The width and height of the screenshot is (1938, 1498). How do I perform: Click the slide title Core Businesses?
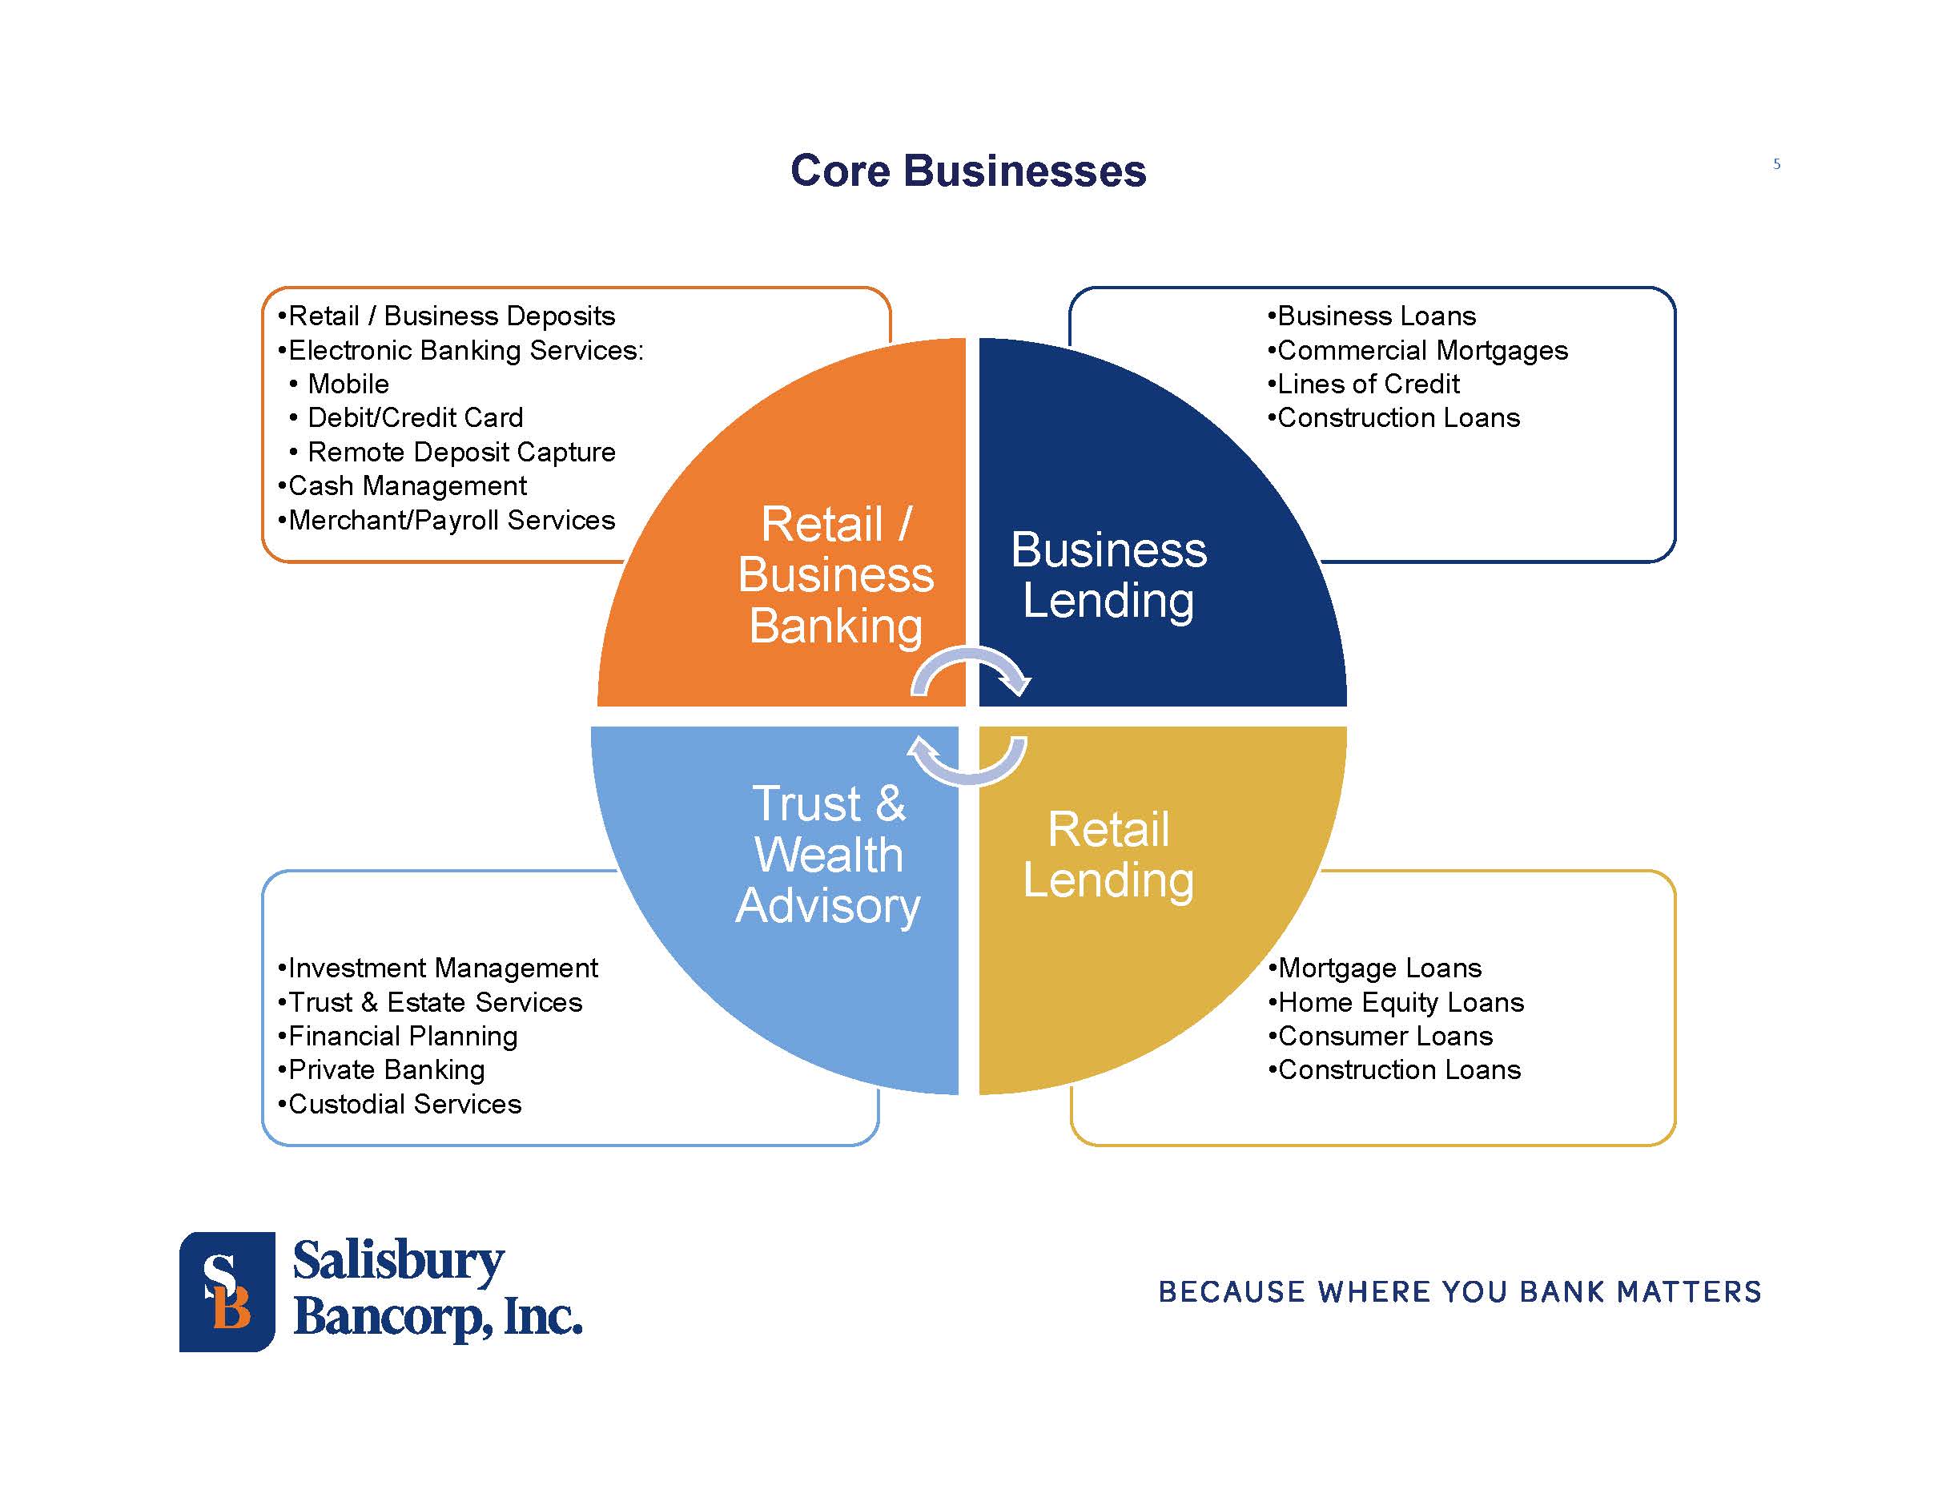(x=967, y=171)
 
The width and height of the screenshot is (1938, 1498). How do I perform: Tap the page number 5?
(x=1776, y=164)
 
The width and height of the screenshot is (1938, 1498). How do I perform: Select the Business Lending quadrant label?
(x=1108, y=575)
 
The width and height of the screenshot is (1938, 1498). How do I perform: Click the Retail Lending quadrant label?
(x=1108, y=855)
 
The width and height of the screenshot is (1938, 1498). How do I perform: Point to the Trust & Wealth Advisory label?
(x=828, y=855)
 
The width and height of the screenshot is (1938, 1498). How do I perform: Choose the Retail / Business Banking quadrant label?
(x=835, y=575)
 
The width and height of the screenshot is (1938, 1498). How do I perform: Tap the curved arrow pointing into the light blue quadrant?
(x=967, y=762)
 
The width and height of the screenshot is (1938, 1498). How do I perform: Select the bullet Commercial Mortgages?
(x=1421, y=351)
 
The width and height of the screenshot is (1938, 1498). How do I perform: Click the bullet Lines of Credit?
(x=1368, y=385)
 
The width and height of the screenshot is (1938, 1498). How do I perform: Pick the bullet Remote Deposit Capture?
(x=460, y=452)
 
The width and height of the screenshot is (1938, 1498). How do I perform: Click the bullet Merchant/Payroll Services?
(x=451, y=520)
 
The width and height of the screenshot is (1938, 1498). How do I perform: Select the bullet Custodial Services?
(x=404, y=1104)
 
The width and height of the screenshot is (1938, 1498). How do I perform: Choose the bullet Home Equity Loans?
(x=1401, y=1002)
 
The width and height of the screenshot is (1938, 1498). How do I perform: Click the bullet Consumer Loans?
(x=1385, y=1036)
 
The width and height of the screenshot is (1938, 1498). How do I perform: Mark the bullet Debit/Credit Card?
(x=414, y=418)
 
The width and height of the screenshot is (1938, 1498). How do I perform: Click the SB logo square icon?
(x=227, y=1291)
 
